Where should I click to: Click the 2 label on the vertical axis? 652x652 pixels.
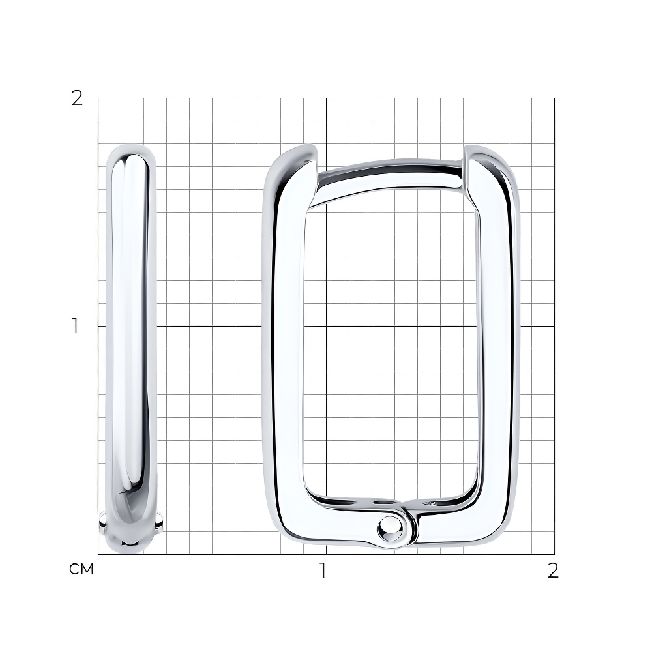(78, 98)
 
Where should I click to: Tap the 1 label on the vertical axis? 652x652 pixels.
(75, 326)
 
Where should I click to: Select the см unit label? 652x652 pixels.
(81, 569)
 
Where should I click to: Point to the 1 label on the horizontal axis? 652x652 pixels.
(323, 570)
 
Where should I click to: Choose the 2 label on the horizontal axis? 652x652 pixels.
(553, 570)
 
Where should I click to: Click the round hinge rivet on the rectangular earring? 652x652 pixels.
(391, 529)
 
